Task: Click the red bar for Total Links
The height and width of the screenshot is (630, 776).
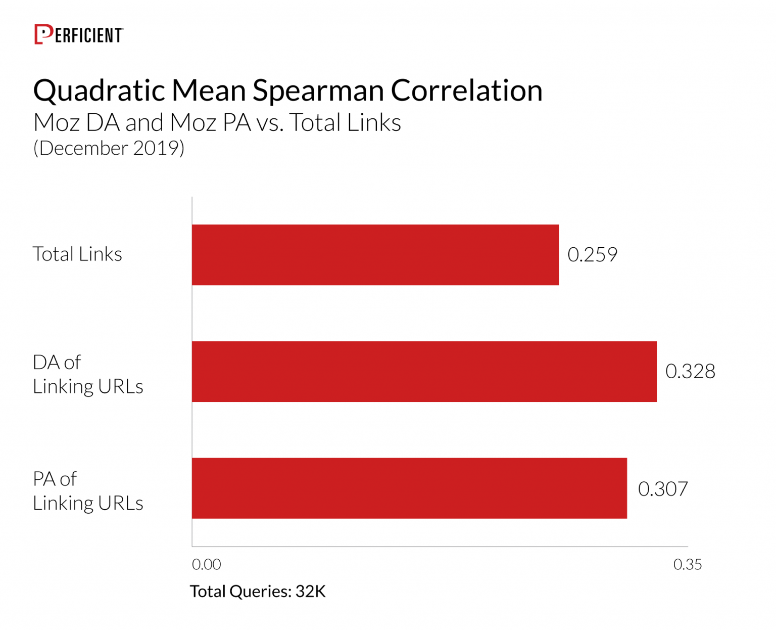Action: point(375,255)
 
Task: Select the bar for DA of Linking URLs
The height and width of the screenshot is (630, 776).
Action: point(424,372)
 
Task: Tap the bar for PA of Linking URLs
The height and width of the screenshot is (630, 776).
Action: point(409,488)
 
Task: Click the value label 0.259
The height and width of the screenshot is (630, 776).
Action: point(592,255)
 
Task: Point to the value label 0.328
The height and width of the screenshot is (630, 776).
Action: point(690,372)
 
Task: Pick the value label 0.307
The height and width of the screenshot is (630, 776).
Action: point(663,489)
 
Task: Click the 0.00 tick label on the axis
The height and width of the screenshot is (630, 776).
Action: point(206,564)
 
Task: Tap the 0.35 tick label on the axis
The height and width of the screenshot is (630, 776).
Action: point(688,564)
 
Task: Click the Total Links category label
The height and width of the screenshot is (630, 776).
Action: point(77,254)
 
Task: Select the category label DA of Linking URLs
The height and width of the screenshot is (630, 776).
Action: point(88,374)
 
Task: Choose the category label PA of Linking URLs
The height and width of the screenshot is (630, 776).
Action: point(88,491)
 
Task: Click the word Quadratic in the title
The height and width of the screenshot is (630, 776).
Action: point(99,92)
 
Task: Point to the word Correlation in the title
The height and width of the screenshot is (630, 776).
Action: point(466,91)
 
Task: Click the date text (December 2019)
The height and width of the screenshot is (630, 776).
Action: point(109,148)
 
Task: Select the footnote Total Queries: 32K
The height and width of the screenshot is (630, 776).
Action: point(258,591)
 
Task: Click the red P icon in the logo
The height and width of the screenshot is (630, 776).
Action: point(43,34)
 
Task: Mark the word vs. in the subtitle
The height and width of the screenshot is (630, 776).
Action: point(269,123)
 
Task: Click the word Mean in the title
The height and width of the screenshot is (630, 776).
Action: point(209,91)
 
